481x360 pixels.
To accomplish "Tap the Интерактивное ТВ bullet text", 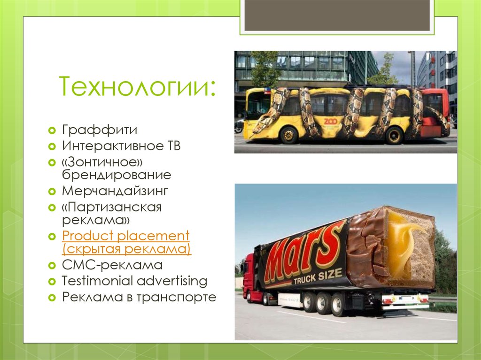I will click(121, 146).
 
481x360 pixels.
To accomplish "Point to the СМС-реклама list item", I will click(112, 265).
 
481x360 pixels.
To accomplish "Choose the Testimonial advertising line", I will click(134, 281).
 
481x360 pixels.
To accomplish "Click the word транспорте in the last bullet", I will click(176, 298).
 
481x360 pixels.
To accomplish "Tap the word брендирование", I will click(116, 175).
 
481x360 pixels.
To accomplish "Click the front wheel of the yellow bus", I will click(288, 135).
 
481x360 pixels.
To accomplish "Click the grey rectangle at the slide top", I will click(337, 15).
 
